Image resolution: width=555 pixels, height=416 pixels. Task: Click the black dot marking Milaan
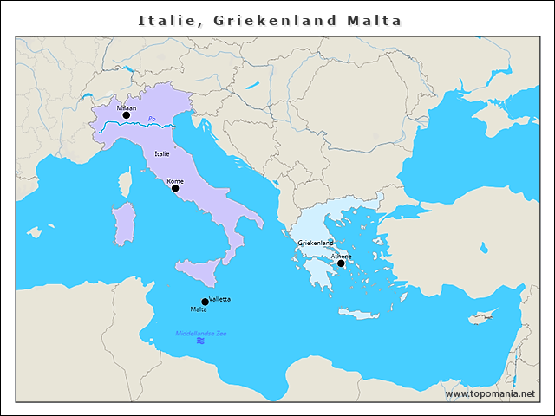click(x=126, y=114)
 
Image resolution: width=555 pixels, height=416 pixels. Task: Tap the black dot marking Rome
click(x=175, y=188)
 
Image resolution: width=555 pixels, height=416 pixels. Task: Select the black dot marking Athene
click(x=341, y=263)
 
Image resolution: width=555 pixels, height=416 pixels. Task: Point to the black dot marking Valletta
click(x=205, y=302)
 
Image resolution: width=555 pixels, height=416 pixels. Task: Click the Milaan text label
click(x=115, y=107)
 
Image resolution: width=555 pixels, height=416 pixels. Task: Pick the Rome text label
click(x=175, y=180)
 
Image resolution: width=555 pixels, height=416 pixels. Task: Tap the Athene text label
click(x=341, y=256)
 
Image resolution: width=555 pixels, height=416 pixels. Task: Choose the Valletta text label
click(x=219, y=299)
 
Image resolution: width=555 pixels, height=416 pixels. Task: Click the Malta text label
click(x=199, y=309)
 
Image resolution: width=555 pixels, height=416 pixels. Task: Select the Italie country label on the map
click(x=162, y=153)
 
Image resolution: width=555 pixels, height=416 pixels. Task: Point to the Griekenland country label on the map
click(x=316, y=243)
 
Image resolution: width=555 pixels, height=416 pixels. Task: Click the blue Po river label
click(x=152, y=119)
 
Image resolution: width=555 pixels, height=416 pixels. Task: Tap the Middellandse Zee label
click(x=200, y=333)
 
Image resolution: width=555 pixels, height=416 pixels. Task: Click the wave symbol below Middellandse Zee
click(x=200, y=341)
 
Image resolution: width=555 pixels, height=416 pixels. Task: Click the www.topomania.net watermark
click(x=490, y=393)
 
